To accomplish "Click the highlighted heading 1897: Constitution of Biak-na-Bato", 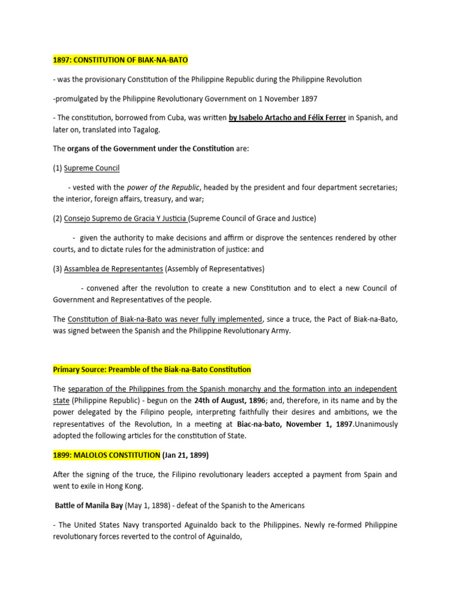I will (x=120, y=60).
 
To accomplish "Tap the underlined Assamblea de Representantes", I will (x=114, y=269).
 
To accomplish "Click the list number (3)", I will (x=58, y=269).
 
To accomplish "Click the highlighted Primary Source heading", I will (x=152, y=369).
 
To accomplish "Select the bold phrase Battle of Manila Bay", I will (x=88, y=505).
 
